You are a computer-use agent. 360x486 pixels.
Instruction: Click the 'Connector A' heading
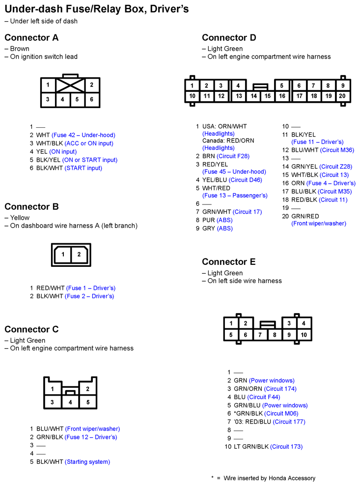click(x=31, y=38)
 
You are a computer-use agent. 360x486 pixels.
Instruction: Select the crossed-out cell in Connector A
click(x=70, y=85)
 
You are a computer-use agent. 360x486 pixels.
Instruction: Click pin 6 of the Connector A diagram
click(x=91, y=99)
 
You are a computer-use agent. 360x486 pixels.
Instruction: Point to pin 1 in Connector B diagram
click(x=63, y=255)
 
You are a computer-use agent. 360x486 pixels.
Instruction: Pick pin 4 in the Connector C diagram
click(x=70, y=402)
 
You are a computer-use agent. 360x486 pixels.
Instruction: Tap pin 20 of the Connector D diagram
click(x=342, y=96)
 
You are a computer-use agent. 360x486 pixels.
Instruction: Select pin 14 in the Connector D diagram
click(x=253, y=96)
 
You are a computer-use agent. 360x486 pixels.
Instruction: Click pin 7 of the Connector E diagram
click(x=260, y=335)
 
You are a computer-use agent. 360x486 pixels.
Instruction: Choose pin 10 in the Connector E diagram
click(x=304, y=335)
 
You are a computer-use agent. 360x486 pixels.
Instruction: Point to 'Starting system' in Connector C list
click(x=87, y=462)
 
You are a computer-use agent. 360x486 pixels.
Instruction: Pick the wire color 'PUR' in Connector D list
click(x=208, y=220)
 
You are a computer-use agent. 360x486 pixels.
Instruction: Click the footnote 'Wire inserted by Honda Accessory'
click(x=270, y=478)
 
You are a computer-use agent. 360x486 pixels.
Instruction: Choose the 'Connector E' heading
click(x=228, y=262)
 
